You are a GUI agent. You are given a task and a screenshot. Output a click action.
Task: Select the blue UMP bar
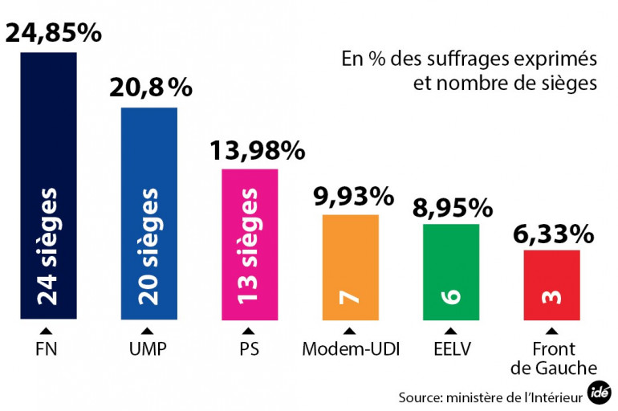coord(148,214)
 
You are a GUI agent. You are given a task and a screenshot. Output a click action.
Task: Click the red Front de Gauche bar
coord(551,285)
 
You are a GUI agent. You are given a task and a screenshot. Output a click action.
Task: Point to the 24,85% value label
coord(54,33)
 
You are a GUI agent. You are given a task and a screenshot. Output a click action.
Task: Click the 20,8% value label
coord(151,87)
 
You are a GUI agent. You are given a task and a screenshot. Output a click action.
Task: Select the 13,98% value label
coord(258,149)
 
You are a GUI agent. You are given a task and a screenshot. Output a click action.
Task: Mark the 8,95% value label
coord(452,207)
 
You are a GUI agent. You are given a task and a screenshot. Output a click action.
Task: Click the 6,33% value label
coord(554,234)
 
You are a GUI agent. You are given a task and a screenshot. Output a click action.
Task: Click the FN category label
coord(47,349)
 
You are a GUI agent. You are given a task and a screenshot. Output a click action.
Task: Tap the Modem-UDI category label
coord(350,349)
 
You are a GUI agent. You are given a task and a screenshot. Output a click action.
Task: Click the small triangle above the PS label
coord(250,331)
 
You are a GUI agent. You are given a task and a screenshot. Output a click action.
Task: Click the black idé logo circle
coord(598,394)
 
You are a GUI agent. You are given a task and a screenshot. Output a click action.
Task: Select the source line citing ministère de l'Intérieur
coord(490,397)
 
